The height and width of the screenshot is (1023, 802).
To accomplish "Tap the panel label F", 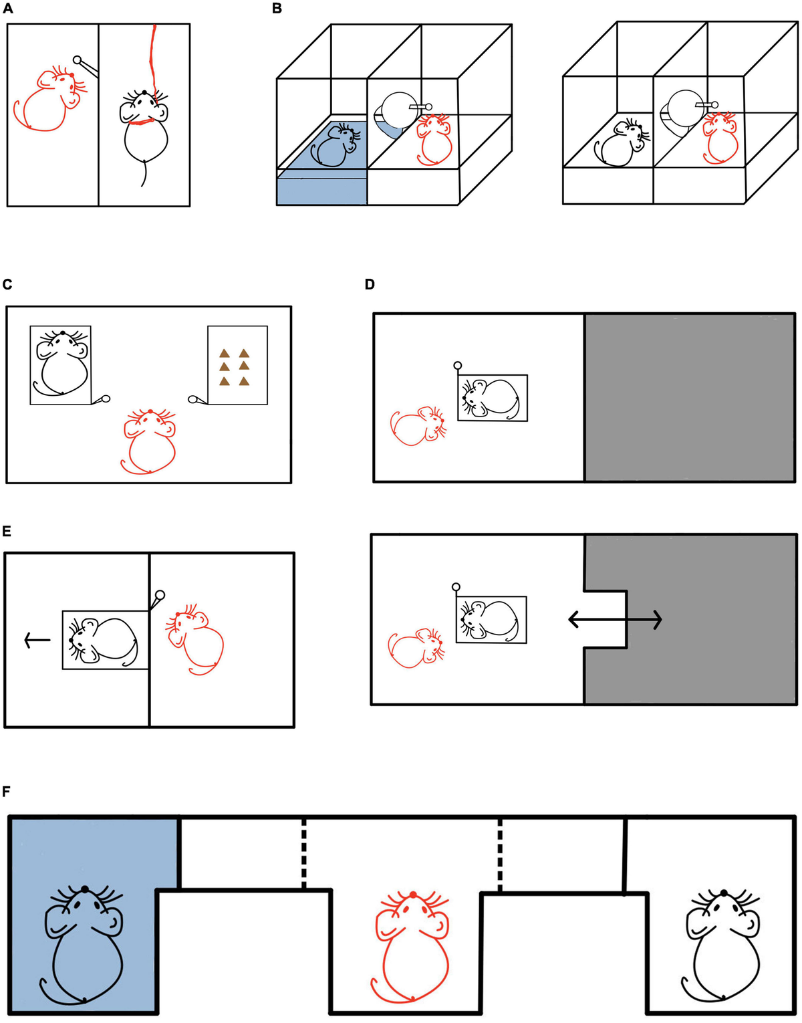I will coord(7,792).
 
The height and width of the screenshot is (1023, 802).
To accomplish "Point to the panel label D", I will coord(370,285).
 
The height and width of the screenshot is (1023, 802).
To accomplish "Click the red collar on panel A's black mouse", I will coord(142,121).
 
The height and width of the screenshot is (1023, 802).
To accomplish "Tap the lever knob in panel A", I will coord(78,60).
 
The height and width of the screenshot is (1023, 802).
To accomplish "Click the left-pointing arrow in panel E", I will coord(37,640).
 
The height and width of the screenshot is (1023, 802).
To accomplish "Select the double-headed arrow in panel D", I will coord(615,620).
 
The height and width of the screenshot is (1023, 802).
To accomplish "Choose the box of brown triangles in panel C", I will coord(237,365).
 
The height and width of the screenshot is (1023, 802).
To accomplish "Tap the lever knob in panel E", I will coord(160,594).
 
